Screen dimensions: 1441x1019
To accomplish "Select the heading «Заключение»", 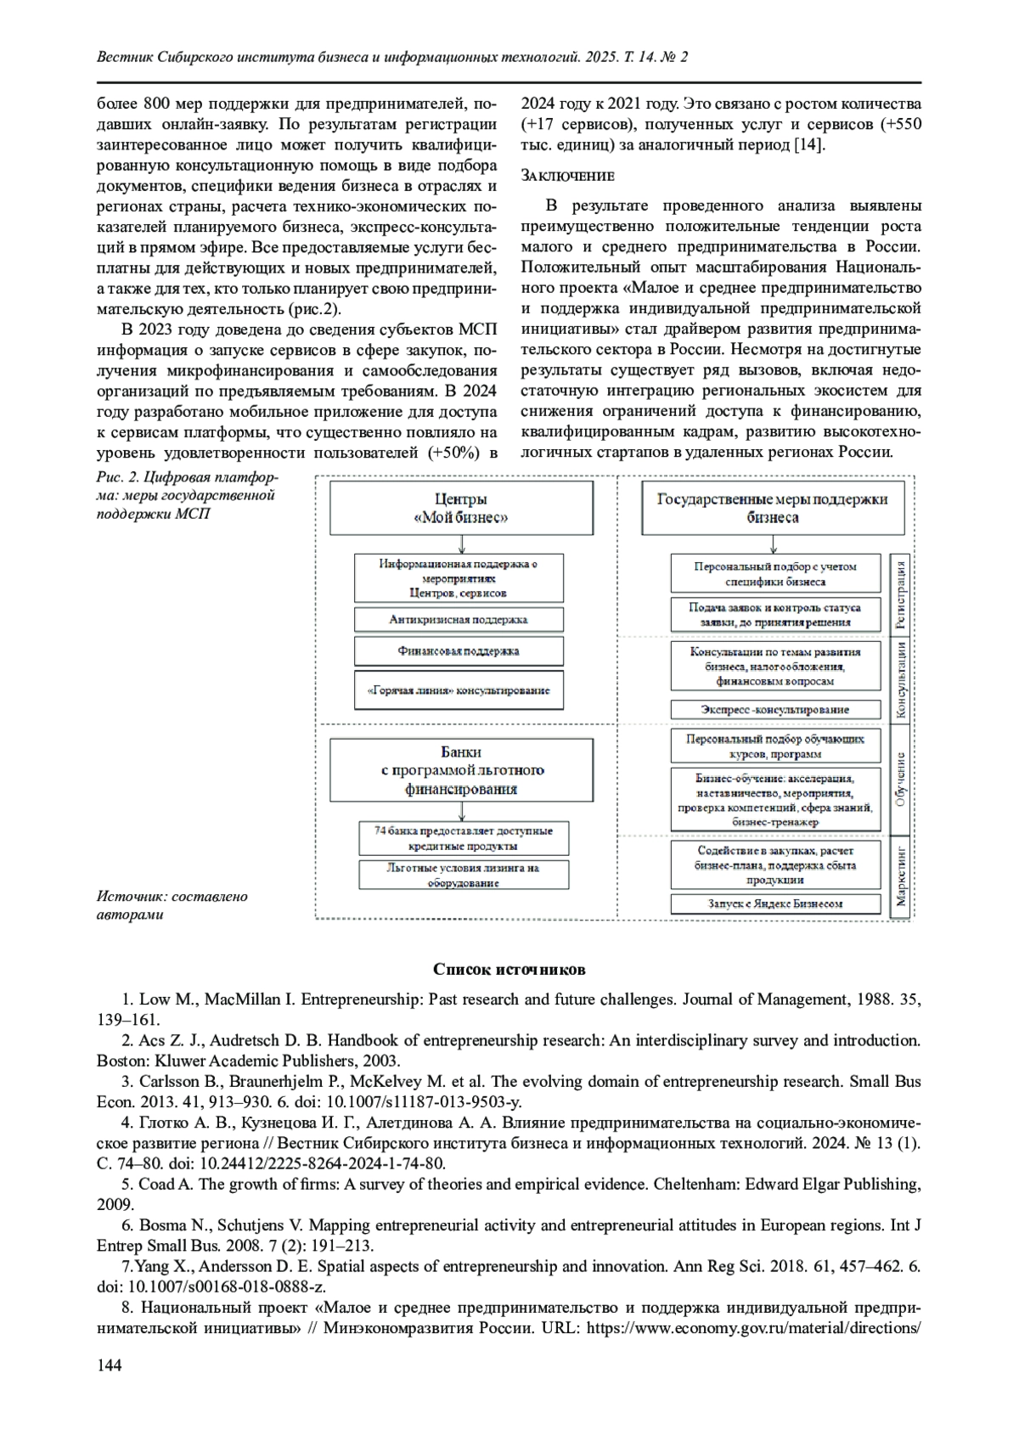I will tap(566, 176).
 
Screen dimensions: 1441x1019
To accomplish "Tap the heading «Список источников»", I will tap(509, 969).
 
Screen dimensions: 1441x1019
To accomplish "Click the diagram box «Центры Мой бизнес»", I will tap(461, 509).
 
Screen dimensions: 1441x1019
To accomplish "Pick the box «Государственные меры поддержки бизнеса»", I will tap(772, 508).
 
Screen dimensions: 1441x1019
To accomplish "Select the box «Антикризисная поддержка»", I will tap(459, 619).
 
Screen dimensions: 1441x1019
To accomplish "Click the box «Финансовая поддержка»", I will tap(459, 651).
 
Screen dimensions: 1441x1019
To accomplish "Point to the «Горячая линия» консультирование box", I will tap(459, 690).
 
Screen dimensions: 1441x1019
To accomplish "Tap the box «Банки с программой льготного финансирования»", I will tap(461, 770).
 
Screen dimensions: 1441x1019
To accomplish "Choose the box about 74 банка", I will tap(464, 838).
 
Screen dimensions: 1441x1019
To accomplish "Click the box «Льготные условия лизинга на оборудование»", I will tap(464, 875).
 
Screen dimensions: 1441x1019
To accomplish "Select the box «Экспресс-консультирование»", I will tap(774, 709).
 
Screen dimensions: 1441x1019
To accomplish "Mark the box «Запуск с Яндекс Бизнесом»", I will tap(774, 903).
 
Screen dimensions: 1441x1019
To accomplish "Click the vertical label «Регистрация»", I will tap(900, 594).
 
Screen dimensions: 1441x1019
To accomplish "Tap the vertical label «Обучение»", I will tap(900, 778).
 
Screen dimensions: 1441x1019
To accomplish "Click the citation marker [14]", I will tap(808, 145).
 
